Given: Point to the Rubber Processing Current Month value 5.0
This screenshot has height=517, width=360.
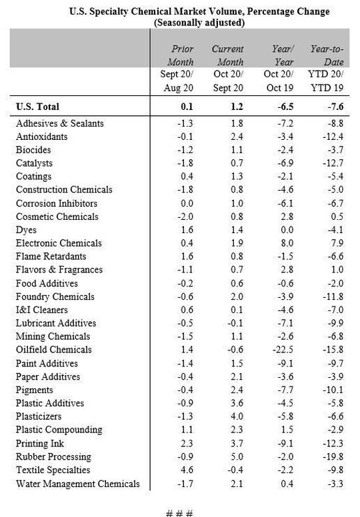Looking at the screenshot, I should click(x=227, y=456).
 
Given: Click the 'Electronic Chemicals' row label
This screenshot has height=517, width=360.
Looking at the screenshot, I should click(x=59, y=243).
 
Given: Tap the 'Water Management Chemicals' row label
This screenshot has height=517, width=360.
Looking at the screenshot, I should click(x=77, y=483).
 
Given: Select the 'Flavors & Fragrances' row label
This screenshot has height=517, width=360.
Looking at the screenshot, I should click(x=59, y=270).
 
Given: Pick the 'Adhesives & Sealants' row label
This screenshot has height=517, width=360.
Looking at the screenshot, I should click(x=59, y=123).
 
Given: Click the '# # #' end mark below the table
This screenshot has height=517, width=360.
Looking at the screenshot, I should click(x=178, y=512).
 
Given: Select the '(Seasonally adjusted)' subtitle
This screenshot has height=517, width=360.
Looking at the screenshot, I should click(x=199, y=22).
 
